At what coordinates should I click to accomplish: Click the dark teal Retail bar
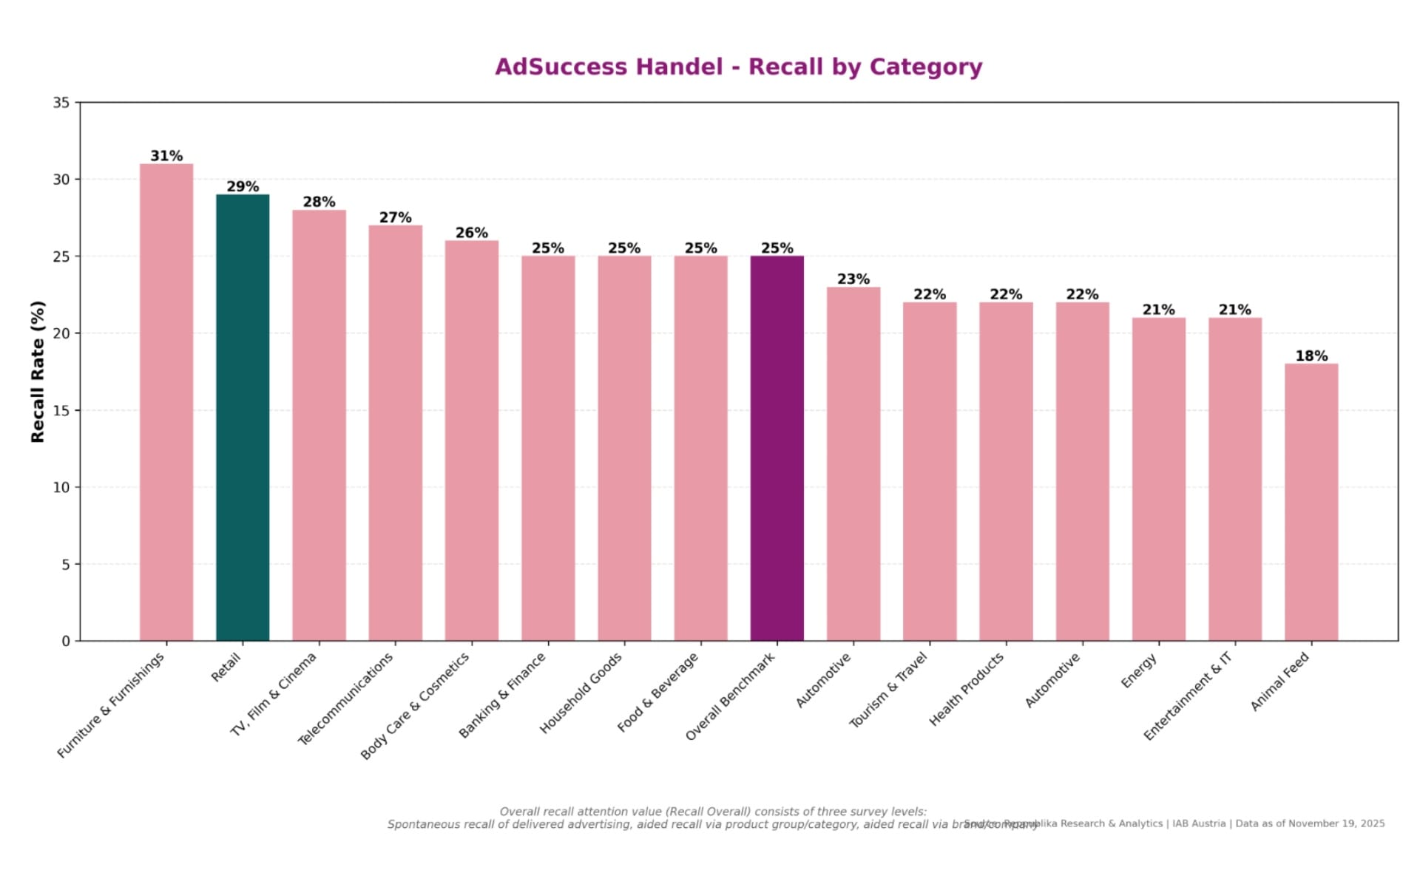point(243,418)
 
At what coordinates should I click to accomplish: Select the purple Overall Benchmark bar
point(777,448)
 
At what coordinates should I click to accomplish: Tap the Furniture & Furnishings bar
point(166,402)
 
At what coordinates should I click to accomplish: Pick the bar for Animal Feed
point(1311,503)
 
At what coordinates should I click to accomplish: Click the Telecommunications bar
point(395,433)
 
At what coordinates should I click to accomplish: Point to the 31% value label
point(166,156)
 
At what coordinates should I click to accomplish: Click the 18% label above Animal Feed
point(1311,356)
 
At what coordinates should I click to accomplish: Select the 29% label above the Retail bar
point(243,187)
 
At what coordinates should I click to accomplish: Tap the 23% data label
point(853,279)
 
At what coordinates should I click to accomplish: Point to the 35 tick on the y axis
point(61,103)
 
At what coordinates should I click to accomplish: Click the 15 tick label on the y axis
point(61,410)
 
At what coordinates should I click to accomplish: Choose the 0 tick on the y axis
point(66,641)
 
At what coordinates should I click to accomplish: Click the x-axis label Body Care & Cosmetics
point(415,706)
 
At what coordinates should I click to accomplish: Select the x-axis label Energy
point(1138,671)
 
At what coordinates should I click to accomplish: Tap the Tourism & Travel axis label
point(887,690)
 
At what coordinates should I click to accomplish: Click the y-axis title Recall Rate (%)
point(38,372)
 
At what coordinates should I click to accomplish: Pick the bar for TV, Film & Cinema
point(319,425)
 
